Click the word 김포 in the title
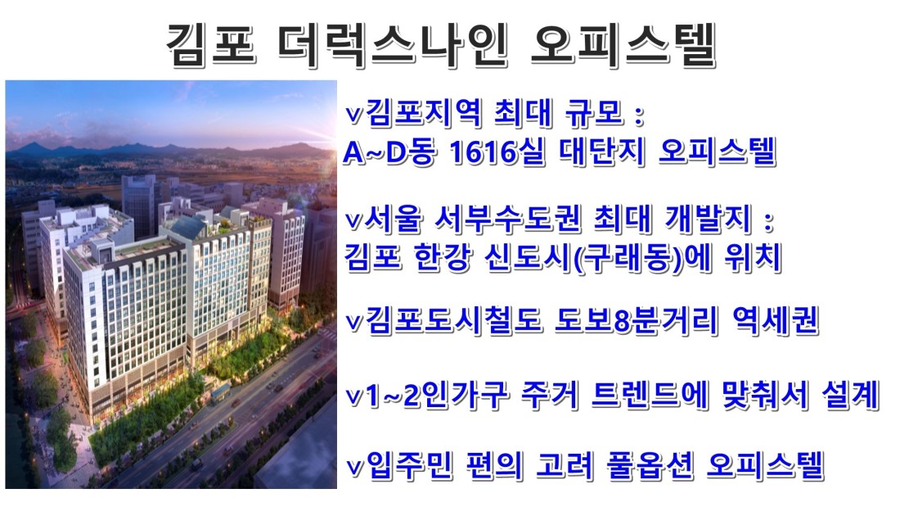(210, 44)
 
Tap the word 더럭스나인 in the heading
(394, 44)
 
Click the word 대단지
(601, 152)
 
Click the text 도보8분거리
(637, 321)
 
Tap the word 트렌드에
(649, 396)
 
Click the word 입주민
(408, 465)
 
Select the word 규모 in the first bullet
(594, 112)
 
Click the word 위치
(753, 257)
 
